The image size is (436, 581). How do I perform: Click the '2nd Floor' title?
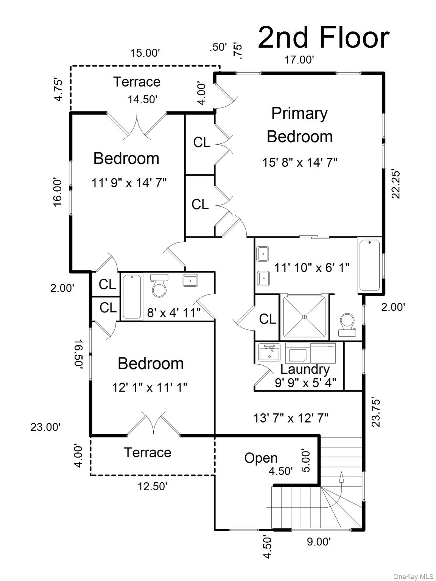(x=324, y=37)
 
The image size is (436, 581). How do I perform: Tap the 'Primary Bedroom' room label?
(x=300, y=125)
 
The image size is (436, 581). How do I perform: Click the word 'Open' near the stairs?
(x=261, y=458)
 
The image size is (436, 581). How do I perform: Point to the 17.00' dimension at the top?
(x=299, y=60)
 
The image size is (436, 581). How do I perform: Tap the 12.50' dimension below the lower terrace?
(x=152, y=486)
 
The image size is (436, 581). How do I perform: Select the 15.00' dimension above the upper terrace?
(x=145, y=53)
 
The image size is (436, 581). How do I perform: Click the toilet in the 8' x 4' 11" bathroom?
(x=159, y=286)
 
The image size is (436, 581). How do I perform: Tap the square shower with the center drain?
(x=304, y=317)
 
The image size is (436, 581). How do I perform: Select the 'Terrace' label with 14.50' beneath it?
(x=137, y=82)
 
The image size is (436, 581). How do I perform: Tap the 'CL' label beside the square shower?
(x=268, y=319)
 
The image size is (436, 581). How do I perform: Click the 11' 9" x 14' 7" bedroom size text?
(x=129, y=183)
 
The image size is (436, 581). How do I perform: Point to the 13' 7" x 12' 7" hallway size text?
(x=291, y=418)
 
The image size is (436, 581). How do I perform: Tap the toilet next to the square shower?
(x=347, y=325)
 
